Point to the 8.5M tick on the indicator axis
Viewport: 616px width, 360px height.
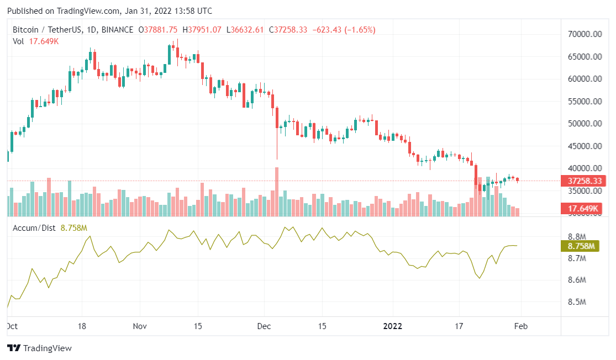pos(576,302)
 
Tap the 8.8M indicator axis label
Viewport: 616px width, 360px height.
pos(576,236)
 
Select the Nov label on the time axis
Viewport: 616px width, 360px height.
pos(140,326)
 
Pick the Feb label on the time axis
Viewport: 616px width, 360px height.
pos(521,326)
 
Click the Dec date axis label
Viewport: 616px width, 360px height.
pos(263,326)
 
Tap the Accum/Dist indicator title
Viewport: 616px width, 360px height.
pos(34,227)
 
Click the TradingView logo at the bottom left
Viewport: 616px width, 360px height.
pos(39,348)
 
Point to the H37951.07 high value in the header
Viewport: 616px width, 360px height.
pos(203,29)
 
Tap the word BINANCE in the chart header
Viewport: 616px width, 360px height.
pos(117,29)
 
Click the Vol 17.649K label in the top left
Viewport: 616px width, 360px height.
pos(35,41)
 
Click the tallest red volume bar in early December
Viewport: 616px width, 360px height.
pos(277,191)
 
